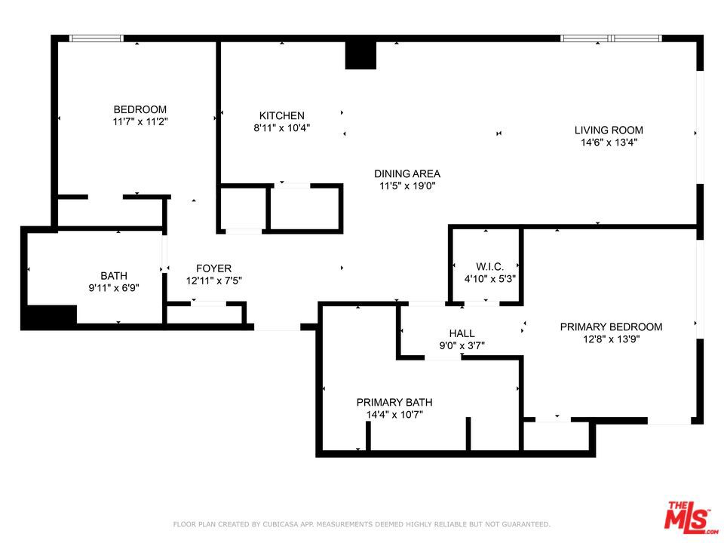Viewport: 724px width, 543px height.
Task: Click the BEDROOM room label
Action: (140, 109)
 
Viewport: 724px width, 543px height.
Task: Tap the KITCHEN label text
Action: (281, 115)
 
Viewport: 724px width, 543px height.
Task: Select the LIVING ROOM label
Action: (609, 130)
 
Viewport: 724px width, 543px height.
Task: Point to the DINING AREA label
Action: (406, 173)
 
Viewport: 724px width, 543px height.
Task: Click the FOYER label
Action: (213, 268)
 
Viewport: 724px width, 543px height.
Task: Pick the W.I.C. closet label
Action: (490, 266)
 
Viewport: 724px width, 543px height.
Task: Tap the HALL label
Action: (462, 333)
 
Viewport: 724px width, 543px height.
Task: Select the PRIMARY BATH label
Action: (394, 402)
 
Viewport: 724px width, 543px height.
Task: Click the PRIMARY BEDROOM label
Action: (611, 327)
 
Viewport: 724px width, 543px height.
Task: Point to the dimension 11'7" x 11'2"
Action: (140, 122)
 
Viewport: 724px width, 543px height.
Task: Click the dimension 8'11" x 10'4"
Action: (281, 128)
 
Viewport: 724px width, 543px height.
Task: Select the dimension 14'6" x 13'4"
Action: (609, 143)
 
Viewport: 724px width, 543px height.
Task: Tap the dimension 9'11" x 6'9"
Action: (114, 288)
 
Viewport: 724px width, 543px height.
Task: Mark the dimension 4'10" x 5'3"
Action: (490, 279)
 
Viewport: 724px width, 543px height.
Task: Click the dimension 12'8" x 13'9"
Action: (611, 339)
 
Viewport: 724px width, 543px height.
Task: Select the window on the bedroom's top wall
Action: (97, 38)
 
